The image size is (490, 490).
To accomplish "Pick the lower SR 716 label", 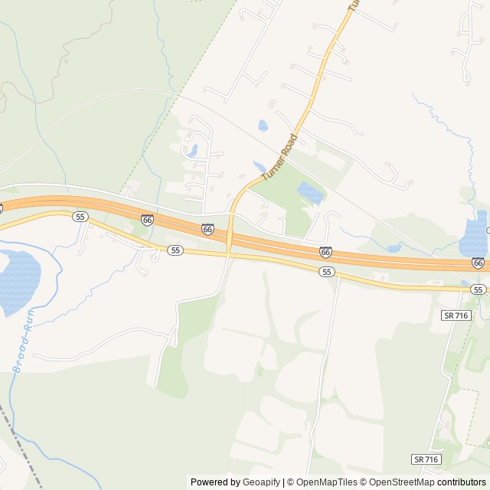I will [x=426, y=459].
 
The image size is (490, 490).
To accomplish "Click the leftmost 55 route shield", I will [x=80, y=217].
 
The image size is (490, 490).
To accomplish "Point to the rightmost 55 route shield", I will [x=479, y=289].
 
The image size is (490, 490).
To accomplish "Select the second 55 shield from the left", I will [x=176, y=250].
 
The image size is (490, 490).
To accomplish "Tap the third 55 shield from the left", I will [x=327, y=272].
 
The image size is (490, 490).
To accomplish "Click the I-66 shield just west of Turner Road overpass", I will [x=207, y=228].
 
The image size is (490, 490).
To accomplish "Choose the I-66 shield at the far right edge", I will [x=479, y=263].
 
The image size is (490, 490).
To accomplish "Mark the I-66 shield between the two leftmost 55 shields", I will [x=147, y=219].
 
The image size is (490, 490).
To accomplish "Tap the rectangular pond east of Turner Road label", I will [x=309, y=193].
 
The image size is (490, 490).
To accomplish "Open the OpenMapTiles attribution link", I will [x=322, y=482].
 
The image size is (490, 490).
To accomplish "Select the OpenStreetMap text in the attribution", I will [x=400, y=482].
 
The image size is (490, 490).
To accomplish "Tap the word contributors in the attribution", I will [x=462, y=482].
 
